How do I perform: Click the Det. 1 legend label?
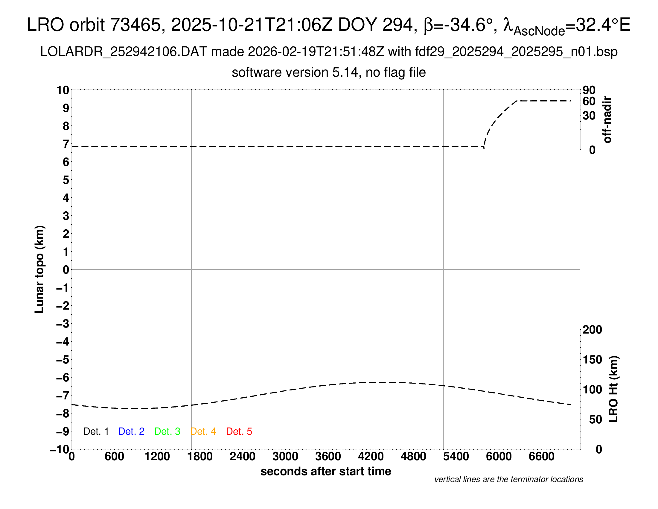96,431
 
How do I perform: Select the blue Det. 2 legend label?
131,431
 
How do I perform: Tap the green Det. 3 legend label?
167,431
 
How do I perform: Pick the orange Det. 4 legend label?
203,431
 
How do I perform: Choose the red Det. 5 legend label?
239,431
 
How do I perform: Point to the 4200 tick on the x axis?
371,457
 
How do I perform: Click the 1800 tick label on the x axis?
200,457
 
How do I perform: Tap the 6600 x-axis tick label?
541,457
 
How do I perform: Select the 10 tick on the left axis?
63,90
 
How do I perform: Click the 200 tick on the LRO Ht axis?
592,330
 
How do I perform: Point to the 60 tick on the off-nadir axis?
589,101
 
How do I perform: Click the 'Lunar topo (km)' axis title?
39,269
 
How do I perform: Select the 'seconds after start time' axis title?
326,471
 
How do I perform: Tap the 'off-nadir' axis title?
607,120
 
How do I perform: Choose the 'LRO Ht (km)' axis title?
613,389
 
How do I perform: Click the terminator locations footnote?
508,479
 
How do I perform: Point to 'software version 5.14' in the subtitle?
295,72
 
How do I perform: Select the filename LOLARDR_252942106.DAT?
124,52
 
